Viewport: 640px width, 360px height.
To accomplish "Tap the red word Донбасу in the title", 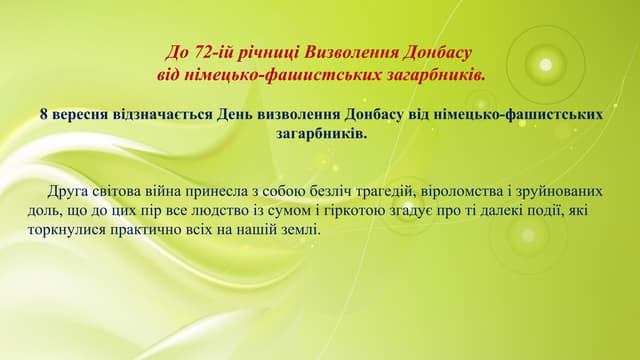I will pyautogui.click(x=434, y=51).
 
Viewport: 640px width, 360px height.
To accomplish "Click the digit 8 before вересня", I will pyautogui.click(x=44, y=114).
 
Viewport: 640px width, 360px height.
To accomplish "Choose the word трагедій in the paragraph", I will pyautogui.click(x=376, y=192).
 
